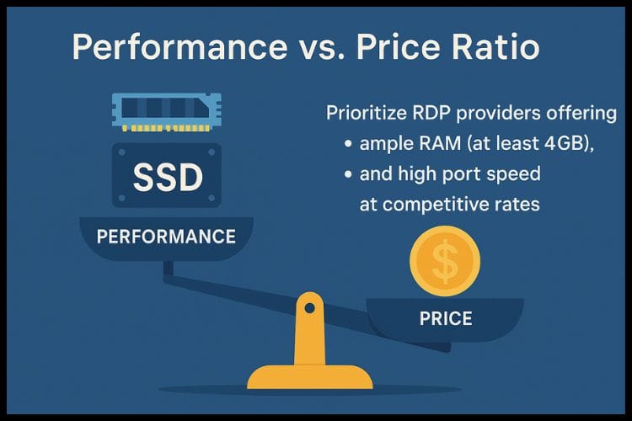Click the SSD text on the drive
[168, 177]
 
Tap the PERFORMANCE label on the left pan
[166, 236]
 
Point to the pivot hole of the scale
[310, 306]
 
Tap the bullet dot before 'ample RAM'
[348, 144]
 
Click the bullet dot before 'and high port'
[348, 175]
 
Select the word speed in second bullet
[514, 175]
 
